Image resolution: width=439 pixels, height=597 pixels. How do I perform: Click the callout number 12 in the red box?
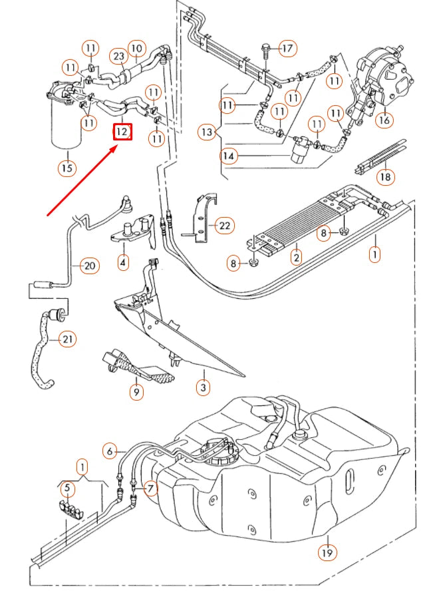(x=122, y=131)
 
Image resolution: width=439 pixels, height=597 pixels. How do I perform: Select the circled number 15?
(x=67, y=168)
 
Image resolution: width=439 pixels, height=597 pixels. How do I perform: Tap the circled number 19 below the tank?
(x=327, y=552)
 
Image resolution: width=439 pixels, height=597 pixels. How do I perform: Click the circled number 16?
(x=384, y=120)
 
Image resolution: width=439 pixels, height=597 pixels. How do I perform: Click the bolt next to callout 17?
(x=265, y=48)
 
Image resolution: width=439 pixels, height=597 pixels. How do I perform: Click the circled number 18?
(x=384, y=177)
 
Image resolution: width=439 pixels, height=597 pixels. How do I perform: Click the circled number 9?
(x=136, y=392)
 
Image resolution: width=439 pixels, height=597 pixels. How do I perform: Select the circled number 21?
(x=67, y=339)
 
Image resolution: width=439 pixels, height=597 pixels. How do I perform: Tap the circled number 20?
(x=89, y=266)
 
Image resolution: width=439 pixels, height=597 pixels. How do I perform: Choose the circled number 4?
(x=123, y=263)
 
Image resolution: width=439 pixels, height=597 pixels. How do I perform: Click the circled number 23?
(x=118, y=57)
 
